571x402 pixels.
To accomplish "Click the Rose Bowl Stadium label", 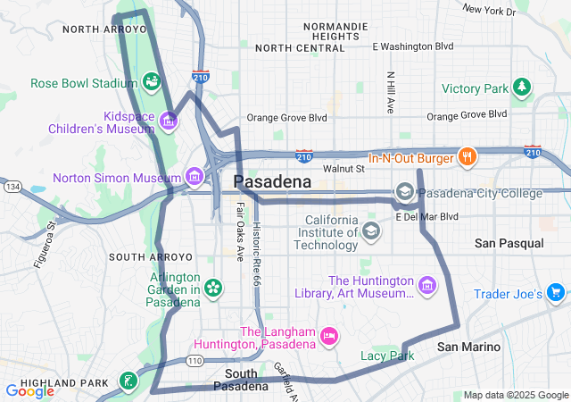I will click(x=82, y=83).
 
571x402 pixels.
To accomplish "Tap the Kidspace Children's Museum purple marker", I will click(x=168, y=119).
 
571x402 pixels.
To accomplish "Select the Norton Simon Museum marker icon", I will click(x=194, y=177).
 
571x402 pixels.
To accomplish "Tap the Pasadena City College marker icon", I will click(x=405, y=193).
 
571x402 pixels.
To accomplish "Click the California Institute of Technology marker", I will click(x=370, y=232).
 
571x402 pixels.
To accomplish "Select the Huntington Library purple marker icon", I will click(x=428, y=287).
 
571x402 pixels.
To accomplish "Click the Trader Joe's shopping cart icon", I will click(x=555, y=293).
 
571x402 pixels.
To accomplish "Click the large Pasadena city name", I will click(x=272, y=182).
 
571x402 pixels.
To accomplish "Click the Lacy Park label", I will click(x=387, y=356).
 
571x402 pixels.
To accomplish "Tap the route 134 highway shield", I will click(x=12, y=187).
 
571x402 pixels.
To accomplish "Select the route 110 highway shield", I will click(x=194, y=360).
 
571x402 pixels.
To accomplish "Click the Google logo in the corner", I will click(x=30, y=390).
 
